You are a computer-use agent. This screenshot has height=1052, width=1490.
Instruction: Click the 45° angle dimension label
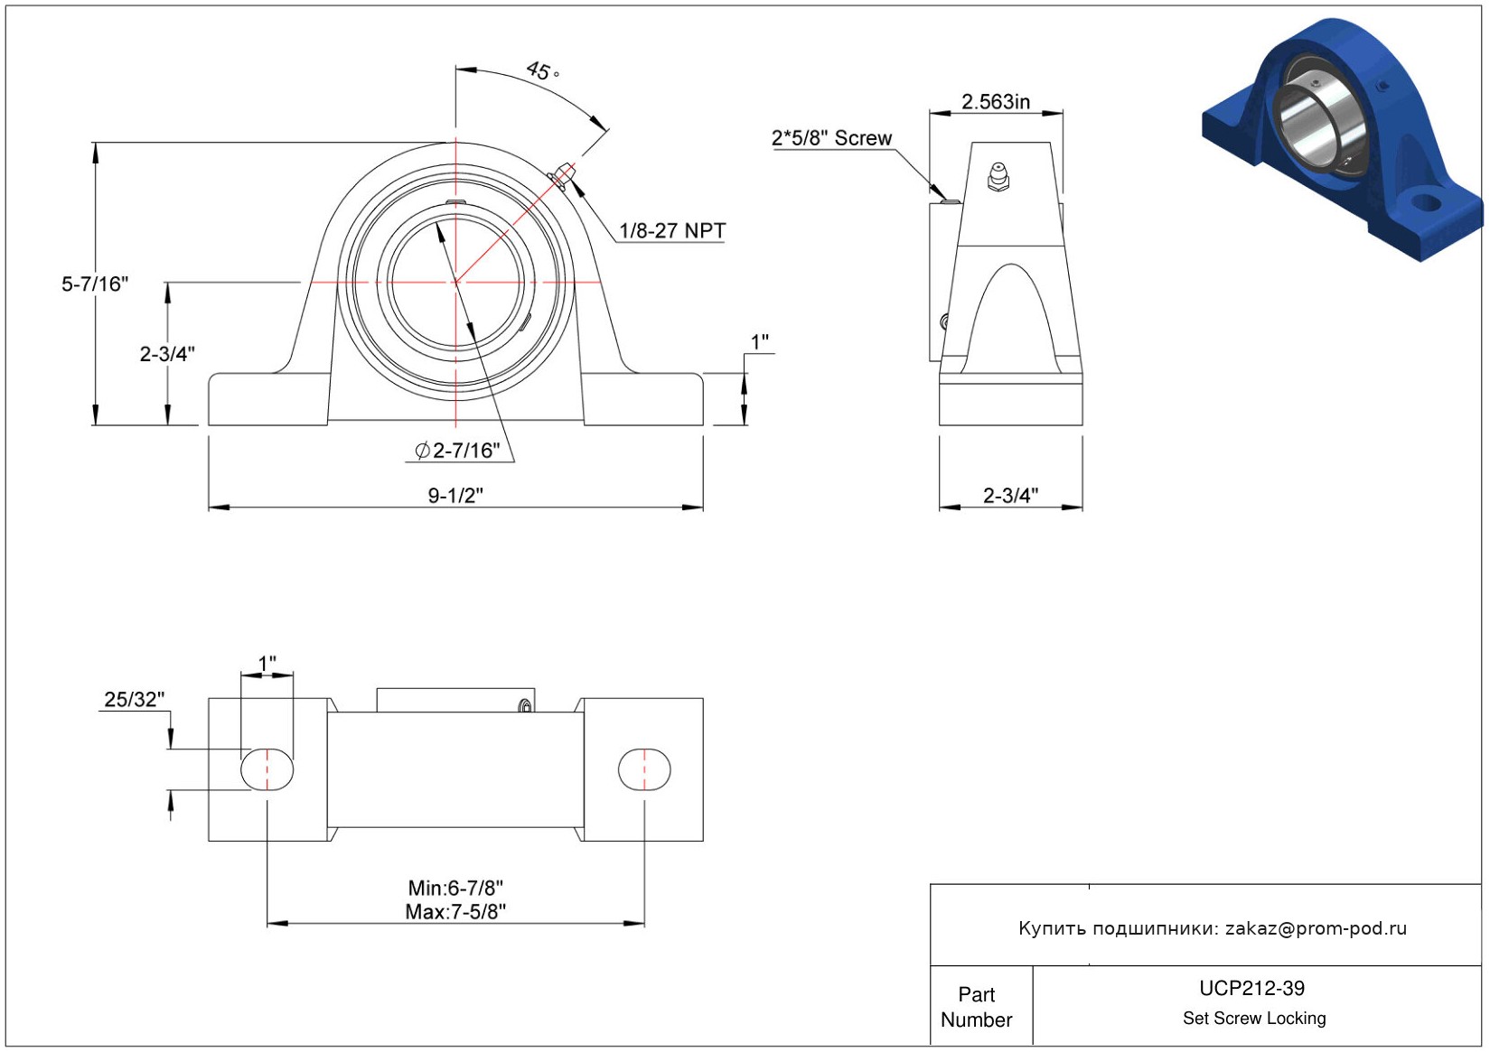543,70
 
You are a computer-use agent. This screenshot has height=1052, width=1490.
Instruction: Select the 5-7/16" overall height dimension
95,284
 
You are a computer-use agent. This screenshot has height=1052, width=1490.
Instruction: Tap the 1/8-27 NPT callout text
672,230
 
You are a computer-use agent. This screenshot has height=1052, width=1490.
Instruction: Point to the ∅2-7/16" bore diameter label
457,451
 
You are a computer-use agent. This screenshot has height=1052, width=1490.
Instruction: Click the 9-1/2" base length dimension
455,496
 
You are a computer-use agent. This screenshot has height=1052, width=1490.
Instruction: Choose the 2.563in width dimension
996,102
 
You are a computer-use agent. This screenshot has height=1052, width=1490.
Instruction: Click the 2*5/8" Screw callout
831,138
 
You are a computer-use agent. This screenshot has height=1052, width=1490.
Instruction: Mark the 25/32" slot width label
135,699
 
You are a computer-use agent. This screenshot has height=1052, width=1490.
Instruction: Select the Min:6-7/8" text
455,888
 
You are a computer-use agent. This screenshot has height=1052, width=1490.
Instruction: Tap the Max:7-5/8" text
455,912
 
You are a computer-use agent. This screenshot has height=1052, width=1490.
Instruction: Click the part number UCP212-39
1251,988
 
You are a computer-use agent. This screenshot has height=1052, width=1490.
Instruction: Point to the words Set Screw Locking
1254,1018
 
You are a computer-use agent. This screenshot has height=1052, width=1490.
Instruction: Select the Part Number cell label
977,1007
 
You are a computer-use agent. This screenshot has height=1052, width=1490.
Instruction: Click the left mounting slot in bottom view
267,769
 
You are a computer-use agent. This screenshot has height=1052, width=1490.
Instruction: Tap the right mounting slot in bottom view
644,769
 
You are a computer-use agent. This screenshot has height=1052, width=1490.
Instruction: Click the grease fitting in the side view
998,177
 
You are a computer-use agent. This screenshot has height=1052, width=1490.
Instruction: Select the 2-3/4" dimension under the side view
1010,496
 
